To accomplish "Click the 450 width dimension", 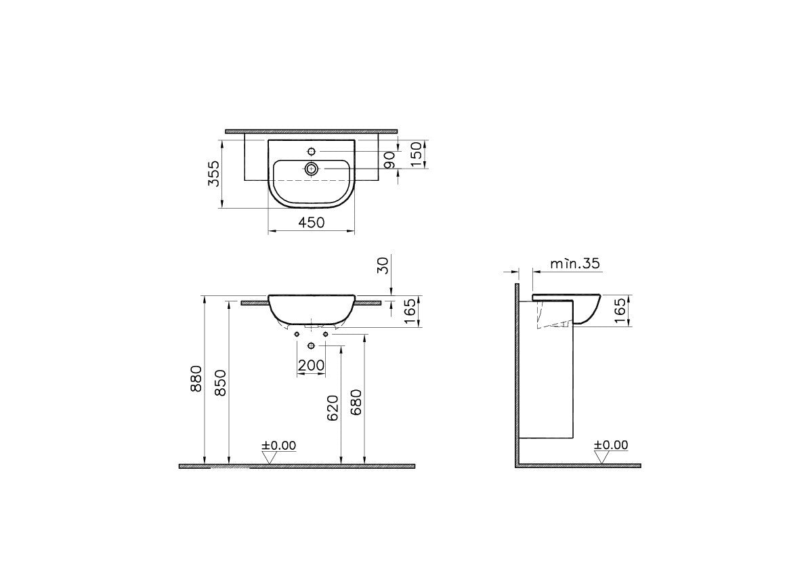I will pyautogui.click(x=312, y=222).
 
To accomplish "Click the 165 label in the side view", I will pyautogui.click(x=620, y=312).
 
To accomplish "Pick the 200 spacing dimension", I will pyautogui.click(x=312, y=365).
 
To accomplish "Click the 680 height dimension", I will pyautogui.click(x=357, y=404).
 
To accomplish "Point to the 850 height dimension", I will pyautogui.click(x=221, y=383).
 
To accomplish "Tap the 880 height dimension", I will pyautogui.click(x=196, y=379).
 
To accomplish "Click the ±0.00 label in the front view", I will pyautogui.click(x=279, y=445).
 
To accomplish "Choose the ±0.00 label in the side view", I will pyautogui.click(x=611, y=445).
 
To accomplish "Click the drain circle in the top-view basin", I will pyautogui.click(x=312, y=169).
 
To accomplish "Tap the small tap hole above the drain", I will pyautogui.click(x=312, y=150).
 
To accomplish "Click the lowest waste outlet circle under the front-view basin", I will pyautogui.click(x=312, y=346).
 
